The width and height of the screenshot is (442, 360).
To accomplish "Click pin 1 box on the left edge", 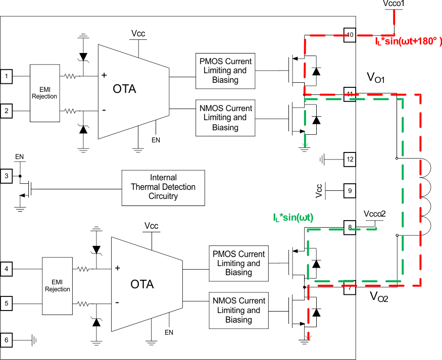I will [7, 76].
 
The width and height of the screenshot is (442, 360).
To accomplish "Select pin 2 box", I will [7, 111].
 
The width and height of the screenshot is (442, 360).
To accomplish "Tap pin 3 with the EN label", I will [7, 176].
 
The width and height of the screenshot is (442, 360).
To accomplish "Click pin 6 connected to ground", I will [7, 340].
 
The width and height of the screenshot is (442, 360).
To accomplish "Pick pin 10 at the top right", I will [350, 35].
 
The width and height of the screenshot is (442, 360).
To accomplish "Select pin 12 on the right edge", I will [350, 160].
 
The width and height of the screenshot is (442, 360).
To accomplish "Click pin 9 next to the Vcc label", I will [350, 191].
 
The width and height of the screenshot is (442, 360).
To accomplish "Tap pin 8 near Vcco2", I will [350, 227].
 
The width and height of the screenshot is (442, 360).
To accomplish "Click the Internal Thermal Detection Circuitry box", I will [163, 187].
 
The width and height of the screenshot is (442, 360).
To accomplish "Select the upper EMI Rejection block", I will [44, 93].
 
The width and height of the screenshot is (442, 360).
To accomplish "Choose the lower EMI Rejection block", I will [58, 286].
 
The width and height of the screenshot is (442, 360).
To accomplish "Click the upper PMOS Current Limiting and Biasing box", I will [225, 71].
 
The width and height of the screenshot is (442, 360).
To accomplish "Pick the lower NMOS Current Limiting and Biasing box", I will [238, 311].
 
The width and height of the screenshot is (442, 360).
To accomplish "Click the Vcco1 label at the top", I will [394, 4].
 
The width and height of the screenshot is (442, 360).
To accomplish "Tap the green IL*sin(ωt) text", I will [293, 218].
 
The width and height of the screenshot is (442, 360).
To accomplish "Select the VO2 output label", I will [379, 296].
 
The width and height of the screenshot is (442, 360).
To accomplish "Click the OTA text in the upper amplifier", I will [124, 89].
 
